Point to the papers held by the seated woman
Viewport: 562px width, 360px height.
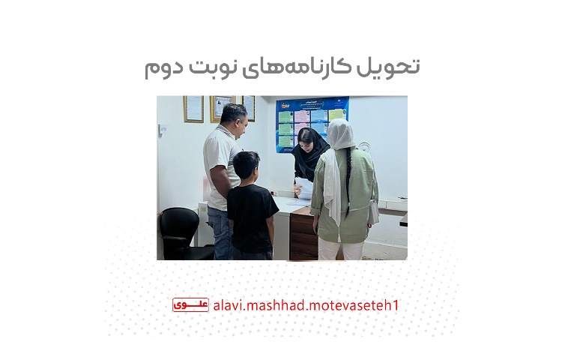tap(303, 187)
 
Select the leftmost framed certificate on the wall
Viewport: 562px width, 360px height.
tap(193, 109)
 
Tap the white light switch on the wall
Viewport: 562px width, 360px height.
tap(163, 128)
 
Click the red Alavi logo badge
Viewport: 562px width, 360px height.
tap(190, 304)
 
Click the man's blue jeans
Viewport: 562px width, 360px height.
tap(220, 234)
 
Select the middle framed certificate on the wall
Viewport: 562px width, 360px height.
tap(222, 106)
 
